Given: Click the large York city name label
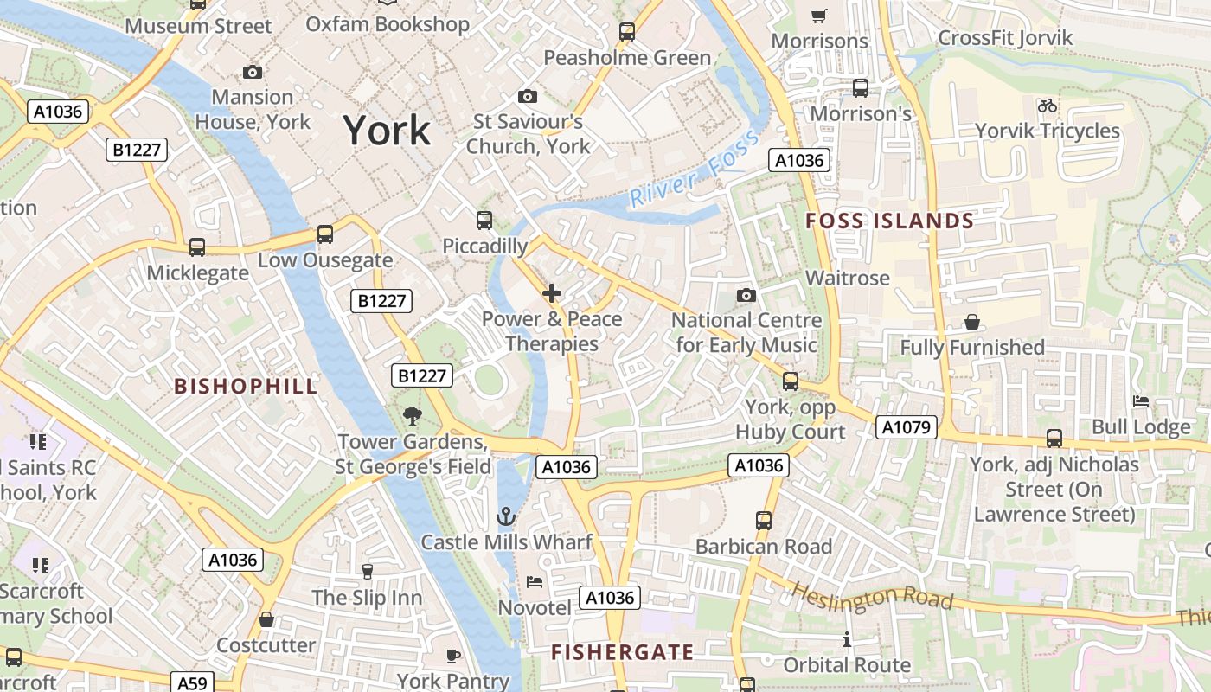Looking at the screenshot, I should click(x=387, y=131).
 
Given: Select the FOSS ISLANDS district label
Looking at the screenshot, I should click(x=889, y=221).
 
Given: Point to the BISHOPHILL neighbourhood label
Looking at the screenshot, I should click(x=247, y=386).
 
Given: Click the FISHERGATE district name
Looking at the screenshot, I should click(x=623, y=652).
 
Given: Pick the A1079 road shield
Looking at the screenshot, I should click(x=906, y=426).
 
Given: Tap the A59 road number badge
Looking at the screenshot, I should click(x=191, y=682).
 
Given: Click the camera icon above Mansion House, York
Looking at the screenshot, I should click(x=253, y=72).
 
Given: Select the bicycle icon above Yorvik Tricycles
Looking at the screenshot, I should click(x=1048, y=106).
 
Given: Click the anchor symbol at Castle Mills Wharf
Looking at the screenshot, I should click(x=506, y=517).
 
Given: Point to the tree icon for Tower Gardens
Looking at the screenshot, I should click(x=413, y=416).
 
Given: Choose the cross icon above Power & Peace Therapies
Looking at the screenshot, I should click(x=551, y=293).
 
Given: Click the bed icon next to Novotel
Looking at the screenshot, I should click(x=535, y=582).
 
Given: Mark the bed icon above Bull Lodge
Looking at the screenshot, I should click(x=1141, y=401).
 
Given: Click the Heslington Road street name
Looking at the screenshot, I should click(x=873, y=597).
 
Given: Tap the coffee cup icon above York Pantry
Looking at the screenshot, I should click(x=452, y=656).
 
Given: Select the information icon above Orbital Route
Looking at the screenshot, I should click(x=847, y=640).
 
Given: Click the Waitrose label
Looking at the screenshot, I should click(x=847, y=278).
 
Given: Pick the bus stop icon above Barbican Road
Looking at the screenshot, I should click(x=763, y=520).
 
